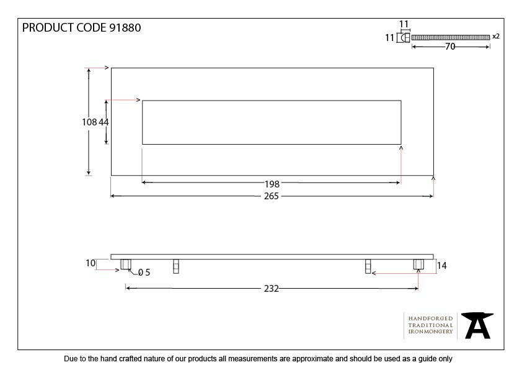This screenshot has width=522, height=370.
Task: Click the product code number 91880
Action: click(125, 28)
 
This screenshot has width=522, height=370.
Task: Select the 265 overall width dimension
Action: click(272, 196)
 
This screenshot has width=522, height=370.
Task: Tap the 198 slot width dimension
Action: click(272, 184)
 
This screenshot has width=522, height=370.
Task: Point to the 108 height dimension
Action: click(89, 122)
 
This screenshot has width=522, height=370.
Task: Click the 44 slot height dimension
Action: click(104, 122)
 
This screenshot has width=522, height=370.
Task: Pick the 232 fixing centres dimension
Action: click(272, 288)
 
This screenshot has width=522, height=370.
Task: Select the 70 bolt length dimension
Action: click(450, 47)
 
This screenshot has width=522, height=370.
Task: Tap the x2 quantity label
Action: click(496, 37)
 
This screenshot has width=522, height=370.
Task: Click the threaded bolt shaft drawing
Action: click(451, 37)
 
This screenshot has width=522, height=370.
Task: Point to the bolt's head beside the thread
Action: click(405, 38)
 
